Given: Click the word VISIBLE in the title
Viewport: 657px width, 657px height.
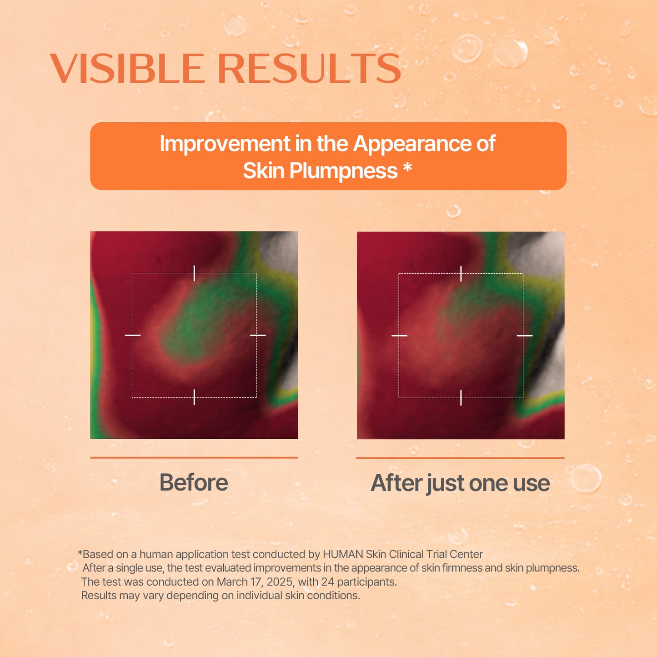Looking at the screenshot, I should coord(128,69).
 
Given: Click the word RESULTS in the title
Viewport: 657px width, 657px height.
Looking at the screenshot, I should coord(309,69).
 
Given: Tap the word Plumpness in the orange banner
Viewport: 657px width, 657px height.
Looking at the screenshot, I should coord(343,171).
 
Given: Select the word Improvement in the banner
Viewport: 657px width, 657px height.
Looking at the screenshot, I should coord(225,144).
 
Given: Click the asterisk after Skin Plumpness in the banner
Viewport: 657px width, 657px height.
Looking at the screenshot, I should coord(407,169).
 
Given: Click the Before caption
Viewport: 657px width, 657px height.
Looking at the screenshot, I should coord(194,482).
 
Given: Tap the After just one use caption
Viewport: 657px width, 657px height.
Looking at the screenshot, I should coord(460,483).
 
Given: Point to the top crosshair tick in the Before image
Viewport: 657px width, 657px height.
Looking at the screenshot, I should coord(194,273).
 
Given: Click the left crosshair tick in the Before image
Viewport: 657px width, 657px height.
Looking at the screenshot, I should coord(133,335).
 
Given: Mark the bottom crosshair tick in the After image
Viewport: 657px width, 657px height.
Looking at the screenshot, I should coord(461,397).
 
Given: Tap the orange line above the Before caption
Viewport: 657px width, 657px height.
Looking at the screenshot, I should coord(194,457).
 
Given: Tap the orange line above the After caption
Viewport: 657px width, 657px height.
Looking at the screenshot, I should coord(460,458).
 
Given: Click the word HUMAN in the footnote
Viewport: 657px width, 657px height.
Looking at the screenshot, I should coord(343,554).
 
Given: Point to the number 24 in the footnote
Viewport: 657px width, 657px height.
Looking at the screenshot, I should coord(327,582).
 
